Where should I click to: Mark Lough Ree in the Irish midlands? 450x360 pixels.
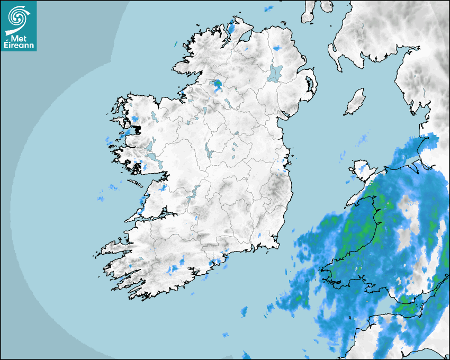tap(208, 152)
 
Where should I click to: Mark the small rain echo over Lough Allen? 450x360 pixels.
tap(203, 111)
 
